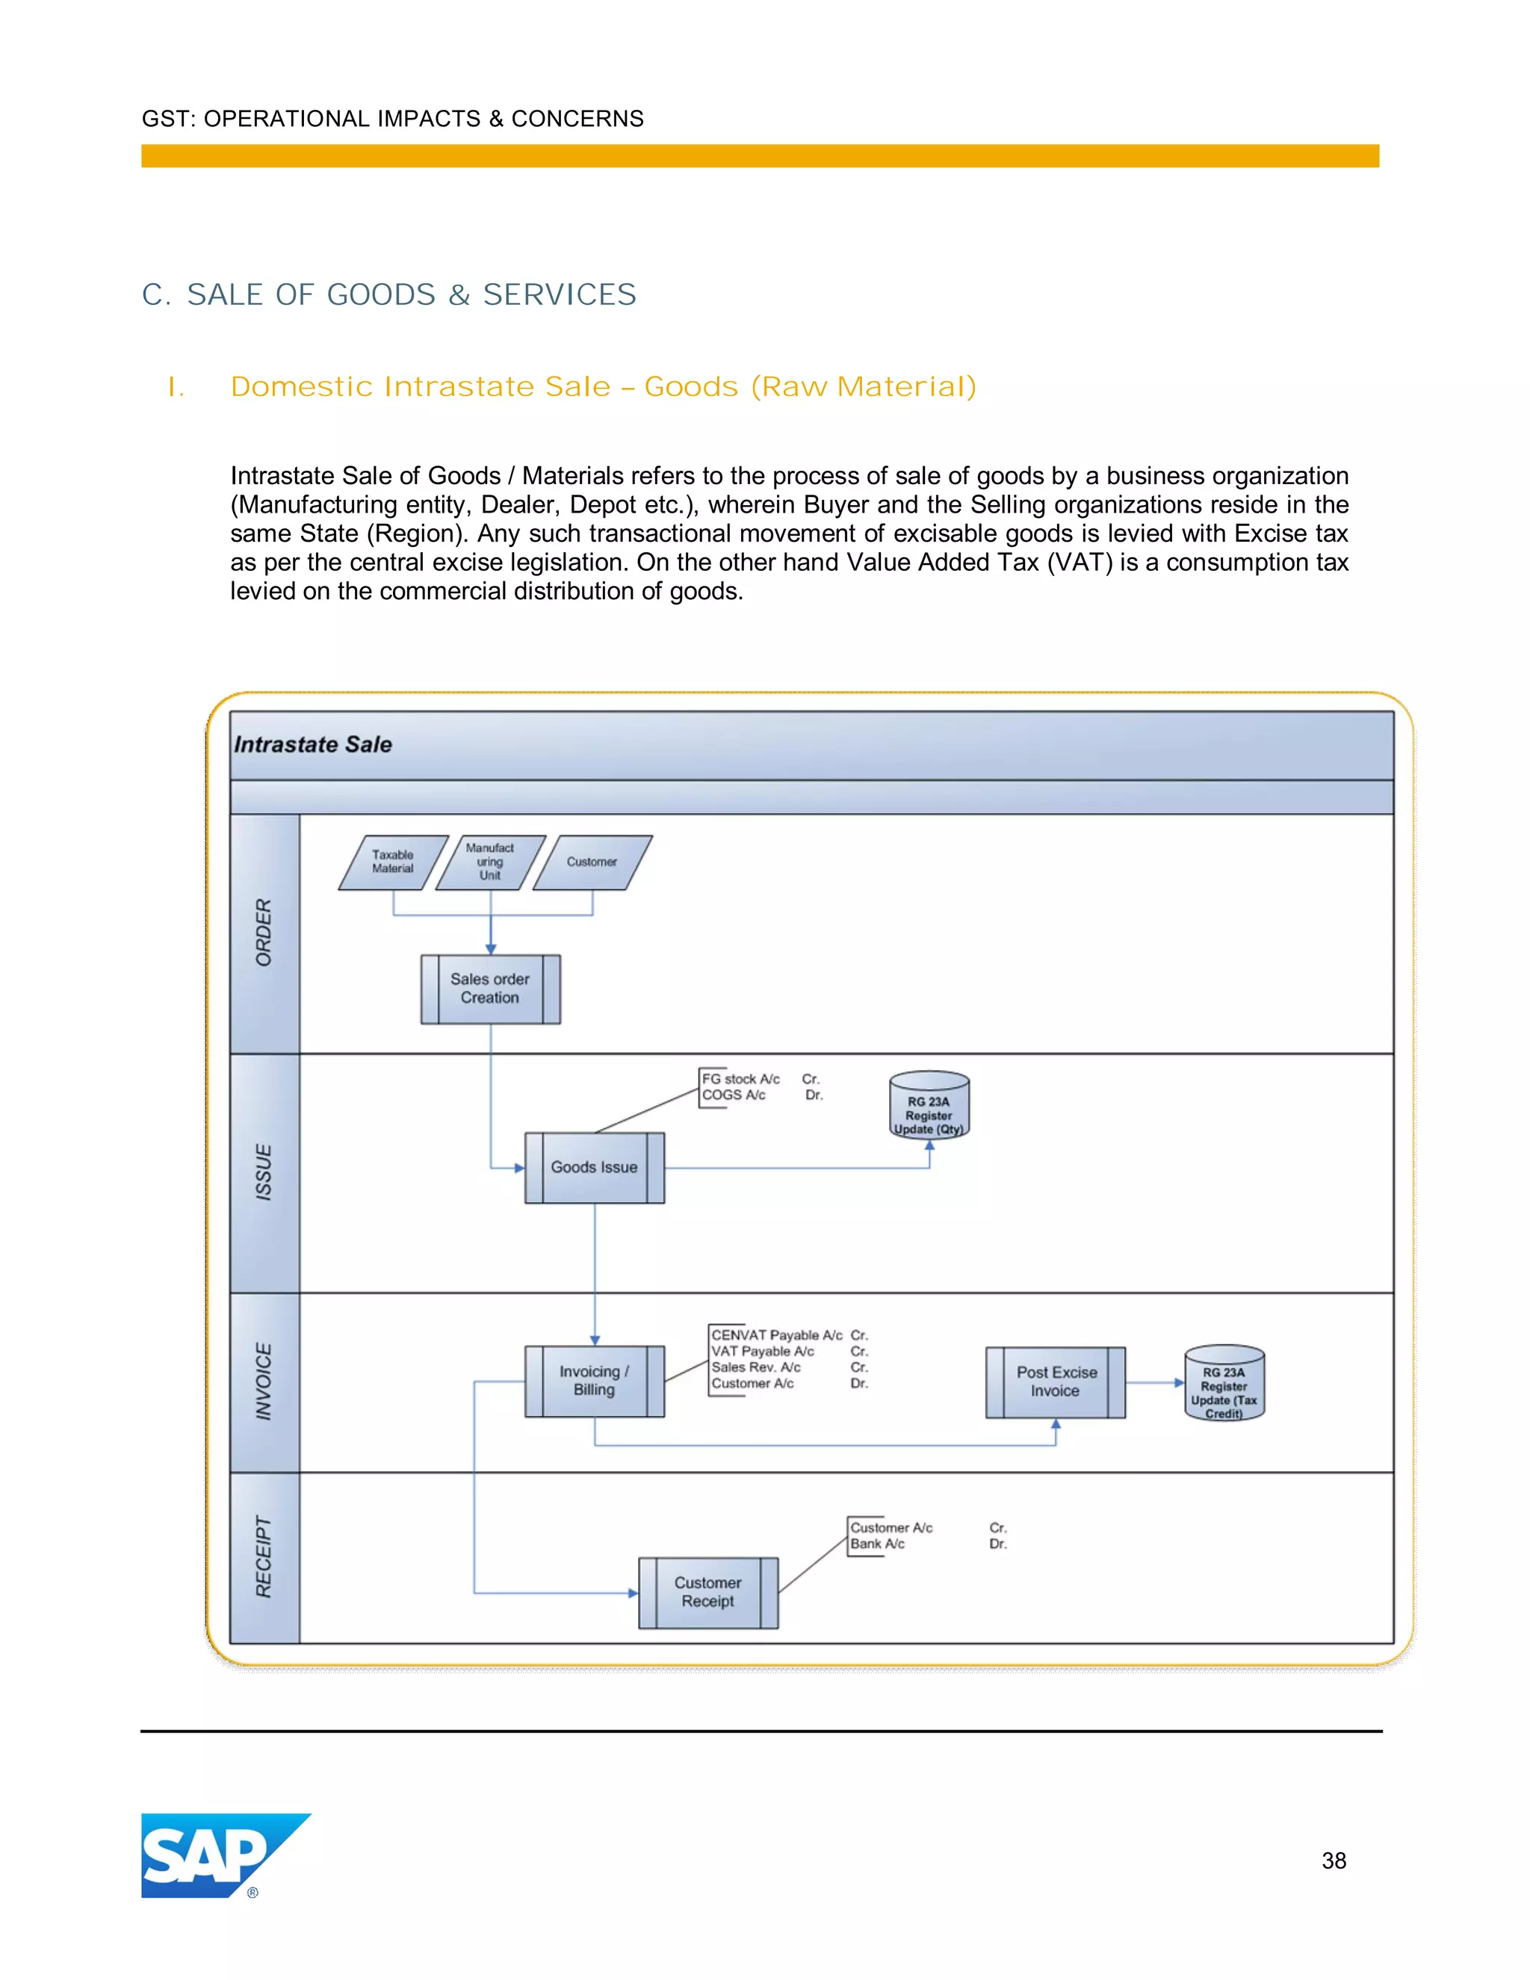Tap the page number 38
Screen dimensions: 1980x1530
pyautogui.click(x=1334, y=1860)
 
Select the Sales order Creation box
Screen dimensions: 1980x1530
pyautogui.click(x=490, y=989)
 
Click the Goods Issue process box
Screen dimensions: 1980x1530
pyautogui.click(x=595, y=1167)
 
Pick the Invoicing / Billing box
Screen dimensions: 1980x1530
pyautogui.click(x=595, y=1381)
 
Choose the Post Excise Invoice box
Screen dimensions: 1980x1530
pyautogui.click(x=1055, y=1382)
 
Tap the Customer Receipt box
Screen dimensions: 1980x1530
pyautogui.click(x=708, y=1592)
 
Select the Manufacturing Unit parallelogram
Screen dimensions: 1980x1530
pyautogui.click(x=490, y=862)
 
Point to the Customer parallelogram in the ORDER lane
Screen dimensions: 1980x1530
pyautogui.click(x=592, y=862)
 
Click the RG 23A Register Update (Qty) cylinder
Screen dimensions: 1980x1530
pyautogui.click(x=929, y=1106)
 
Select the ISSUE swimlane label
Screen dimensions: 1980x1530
pyautogui.click(x=264, y=1172)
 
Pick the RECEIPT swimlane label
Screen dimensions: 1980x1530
pyautogui.click(x=264, y=1556)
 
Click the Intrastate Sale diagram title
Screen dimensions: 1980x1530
pyautogui.click(x=314, y=744)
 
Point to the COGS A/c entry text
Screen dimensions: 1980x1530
pyautogui.click(x=734, y=1095)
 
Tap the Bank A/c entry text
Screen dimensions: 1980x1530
pyautogui.click(x=877, y=1544)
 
